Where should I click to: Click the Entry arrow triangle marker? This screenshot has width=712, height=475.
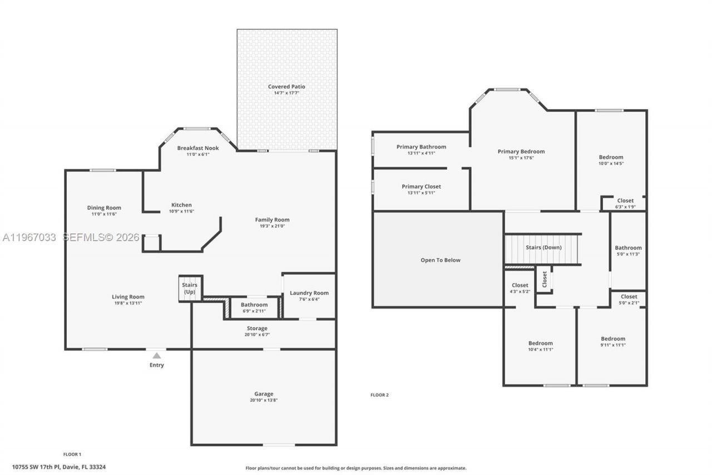(x=157, y=355)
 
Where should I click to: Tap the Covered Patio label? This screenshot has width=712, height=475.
(x=286, y=87)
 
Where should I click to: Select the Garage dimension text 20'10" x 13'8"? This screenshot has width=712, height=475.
(x=264, y=400)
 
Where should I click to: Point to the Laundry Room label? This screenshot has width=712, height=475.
(x=309, y=293)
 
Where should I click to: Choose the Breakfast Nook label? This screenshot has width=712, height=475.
(x=197, y=148)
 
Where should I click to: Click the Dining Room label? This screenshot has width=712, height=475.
(x=104, y=208)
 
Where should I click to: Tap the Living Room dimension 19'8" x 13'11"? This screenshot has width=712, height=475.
(x=128, y=303)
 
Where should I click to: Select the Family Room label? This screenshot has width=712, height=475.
(x=272, y=219)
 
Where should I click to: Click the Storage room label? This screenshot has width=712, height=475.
(x=257, y=329)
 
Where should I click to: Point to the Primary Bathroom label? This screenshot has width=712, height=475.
(x=421, y=147)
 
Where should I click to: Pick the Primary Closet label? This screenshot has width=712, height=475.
(x=421, y=187)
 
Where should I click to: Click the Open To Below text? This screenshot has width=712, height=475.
(x=440, y=260)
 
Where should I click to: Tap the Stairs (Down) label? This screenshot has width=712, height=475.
(x=543, y=247)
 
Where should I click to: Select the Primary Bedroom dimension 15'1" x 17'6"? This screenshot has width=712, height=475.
(x=521, y=158)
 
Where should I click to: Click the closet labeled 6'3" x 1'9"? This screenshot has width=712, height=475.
(x=625, y=203)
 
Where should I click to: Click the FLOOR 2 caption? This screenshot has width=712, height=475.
(x=379, y=395)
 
